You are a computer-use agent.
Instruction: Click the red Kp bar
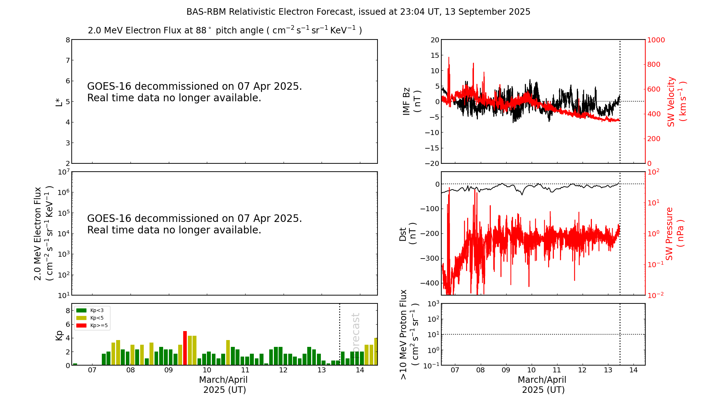click(185, 348)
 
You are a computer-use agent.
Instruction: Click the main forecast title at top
click(358, 12)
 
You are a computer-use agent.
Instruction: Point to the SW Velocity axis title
click(676, 102)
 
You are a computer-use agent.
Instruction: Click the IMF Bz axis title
click(412, 102)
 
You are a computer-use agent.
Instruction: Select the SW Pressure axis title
click(674, 233)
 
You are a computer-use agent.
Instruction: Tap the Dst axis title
click(408, 233)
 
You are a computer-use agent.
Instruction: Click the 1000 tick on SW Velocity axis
click(656, 40)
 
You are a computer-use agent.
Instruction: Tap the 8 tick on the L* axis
click(68, 40)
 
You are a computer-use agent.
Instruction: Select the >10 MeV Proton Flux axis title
click(409, 334)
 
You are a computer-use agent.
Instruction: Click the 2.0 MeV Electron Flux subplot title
click(225, 30)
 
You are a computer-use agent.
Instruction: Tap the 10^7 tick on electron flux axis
click(63, 172)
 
